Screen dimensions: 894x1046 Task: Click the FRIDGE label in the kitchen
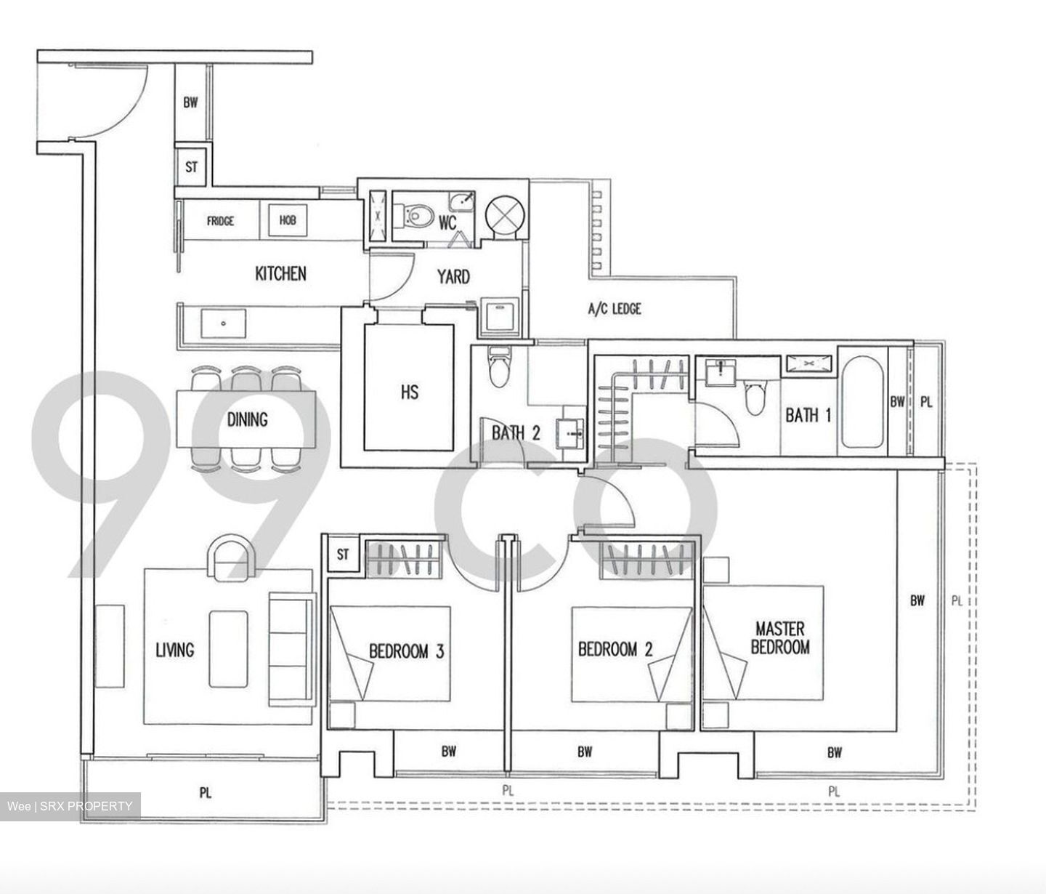click(220, 220)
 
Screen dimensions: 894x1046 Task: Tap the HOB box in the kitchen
click(288, 220)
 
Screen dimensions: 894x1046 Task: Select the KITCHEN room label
click(280, 274)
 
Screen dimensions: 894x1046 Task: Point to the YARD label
click(453, 277)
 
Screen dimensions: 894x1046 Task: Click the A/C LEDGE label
click(615, 309)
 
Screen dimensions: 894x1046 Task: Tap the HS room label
click(409, 392)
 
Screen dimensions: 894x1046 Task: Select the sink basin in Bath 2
click(570, 434)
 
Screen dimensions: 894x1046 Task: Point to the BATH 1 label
click(808, 416)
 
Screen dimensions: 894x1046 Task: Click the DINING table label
click(247, 419)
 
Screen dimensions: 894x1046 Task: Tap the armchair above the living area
click(230, 557)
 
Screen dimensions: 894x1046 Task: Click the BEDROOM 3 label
click(406, 651)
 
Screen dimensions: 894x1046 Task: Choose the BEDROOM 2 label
click(615, 649)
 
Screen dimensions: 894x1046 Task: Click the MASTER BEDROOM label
click(779, 637)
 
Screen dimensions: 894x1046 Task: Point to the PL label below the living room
click(206, 793)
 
